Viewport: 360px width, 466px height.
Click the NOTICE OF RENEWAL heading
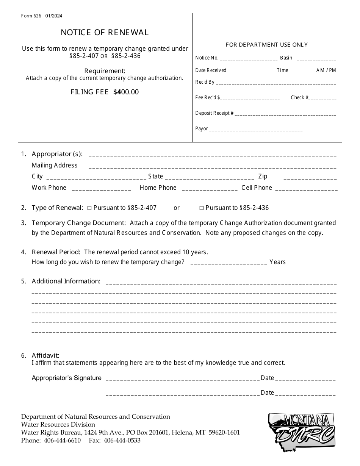pos(105,33)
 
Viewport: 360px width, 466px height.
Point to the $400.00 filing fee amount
pos(126,92)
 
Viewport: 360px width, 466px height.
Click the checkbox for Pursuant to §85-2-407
pos(90,208)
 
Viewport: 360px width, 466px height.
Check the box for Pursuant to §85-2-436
pos(202,208)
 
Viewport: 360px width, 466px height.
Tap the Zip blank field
pos(310,177)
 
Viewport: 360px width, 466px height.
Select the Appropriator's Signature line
pos(183,378)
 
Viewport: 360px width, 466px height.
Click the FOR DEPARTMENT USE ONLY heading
pos(267,45)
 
